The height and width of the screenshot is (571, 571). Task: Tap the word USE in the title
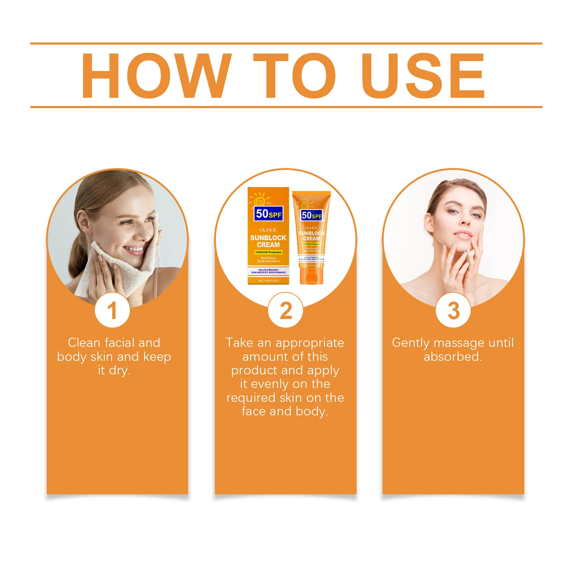tap(423, 75)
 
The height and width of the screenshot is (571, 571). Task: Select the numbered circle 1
tap(112, 310)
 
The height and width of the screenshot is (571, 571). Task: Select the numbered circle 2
tap(285, 310)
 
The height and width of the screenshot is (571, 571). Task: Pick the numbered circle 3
tap(453, 310)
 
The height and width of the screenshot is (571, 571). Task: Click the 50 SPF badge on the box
tap(269, 214)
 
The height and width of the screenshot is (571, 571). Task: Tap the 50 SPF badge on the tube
tap(311, 215)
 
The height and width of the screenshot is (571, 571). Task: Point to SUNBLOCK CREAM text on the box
tap(268, 241)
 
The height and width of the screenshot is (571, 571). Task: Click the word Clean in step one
tap(84, 343)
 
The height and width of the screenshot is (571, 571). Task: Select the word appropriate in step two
tap(310, 343)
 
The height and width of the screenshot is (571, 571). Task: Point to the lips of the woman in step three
tap(463, 236)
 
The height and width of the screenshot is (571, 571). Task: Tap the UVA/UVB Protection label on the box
tap(268, 252)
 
